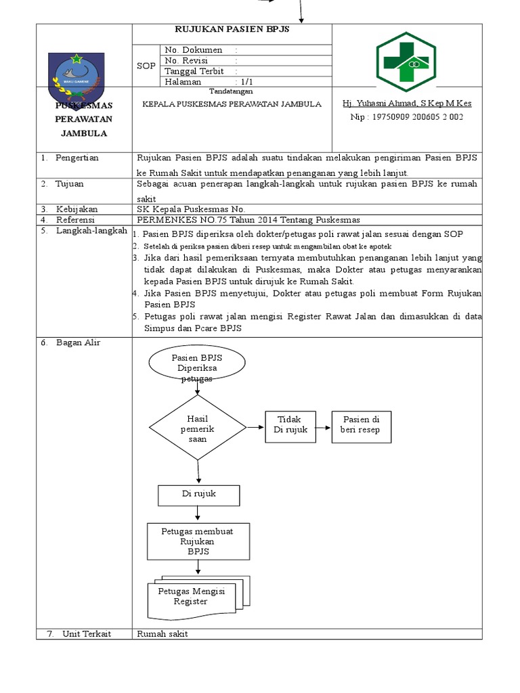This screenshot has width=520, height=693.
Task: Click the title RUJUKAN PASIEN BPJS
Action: coord(232,30)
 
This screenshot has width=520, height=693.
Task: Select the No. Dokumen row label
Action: coord(194,50)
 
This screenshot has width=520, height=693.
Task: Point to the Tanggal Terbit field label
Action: coord(194,71)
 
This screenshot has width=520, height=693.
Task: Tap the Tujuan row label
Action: coord(70,183)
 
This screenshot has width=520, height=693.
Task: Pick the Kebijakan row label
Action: coord(75,209)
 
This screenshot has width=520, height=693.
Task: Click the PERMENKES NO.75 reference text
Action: coord(248,220)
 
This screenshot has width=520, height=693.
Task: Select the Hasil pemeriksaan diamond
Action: coord(197,428)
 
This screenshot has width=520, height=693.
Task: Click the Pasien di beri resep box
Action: coord(361,426)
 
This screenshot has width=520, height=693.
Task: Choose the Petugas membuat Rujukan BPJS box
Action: coord(198,541)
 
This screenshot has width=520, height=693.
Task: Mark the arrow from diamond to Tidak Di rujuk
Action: coord(255,427)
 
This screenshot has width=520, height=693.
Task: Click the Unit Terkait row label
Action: coord(87,634)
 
